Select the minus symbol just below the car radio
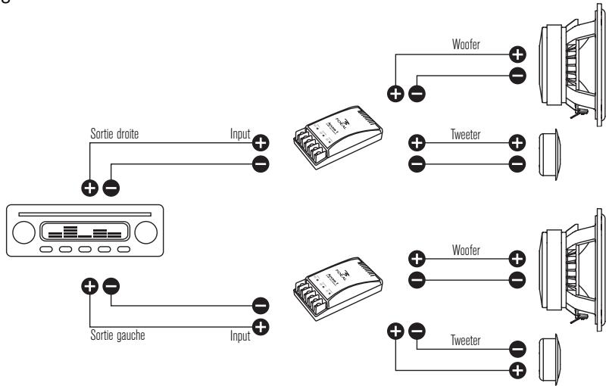pos(111,286)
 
